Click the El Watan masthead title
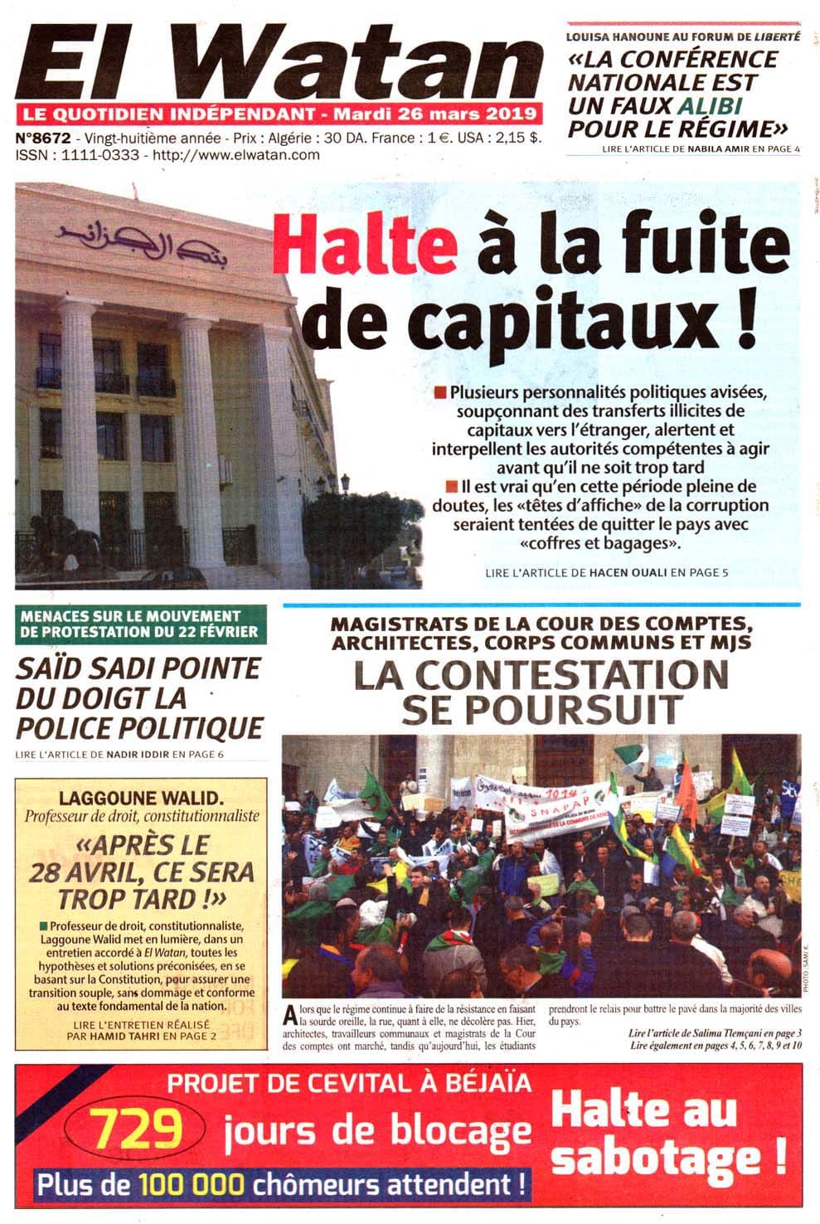(278, 62)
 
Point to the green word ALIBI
(709, 105)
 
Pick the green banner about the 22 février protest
(141, 624)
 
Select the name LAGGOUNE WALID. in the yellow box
(141, 799)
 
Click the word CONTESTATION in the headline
(541, 675)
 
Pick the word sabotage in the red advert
(655, 1157)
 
